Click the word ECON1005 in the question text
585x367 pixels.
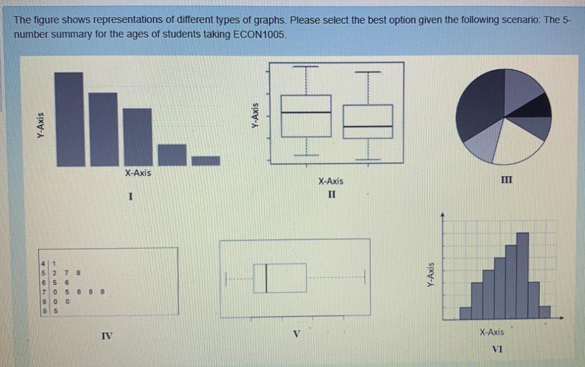coord(260,35)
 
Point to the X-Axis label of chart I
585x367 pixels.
coord(138,173)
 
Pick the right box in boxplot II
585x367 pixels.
coord(368,121)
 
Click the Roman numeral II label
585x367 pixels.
coord(331,195)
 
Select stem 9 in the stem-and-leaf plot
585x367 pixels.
coord(43,310)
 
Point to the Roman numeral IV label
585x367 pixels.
coord(106,335)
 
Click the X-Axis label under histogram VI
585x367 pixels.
coord(492,332)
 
